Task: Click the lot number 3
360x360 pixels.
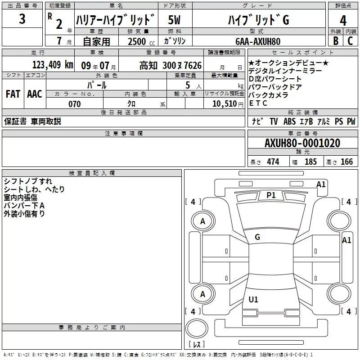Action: click(x=22, y=20)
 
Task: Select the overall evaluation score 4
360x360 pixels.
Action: click(x=343, y=20)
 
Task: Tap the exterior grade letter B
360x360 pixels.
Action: click(x=335, y=41)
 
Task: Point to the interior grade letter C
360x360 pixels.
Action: click(x=351, y=41)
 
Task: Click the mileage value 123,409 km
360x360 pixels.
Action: click(x=52, y=65)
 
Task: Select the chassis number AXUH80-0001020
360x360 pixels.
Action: click(x=302, y=143)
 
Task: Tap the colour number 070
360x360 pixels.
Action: click(x=75, y=104)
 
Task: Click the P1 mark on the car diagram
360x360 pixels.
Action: click(x=271, y=195)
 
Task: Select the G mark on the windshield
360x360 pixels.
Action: click(x=257, y=237)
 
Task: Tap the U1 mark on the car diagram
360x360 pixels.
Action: click(x=253, y=299)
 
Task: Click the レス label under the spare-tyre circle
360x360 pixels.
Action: click(x=197, y=345)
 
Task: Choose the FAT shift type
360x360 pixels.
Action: click(x=13, y=94)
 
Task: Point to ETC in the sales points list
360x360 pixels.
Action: click(x=258, y=103)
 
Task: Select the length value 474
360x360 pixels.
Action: click(x=273, y=162)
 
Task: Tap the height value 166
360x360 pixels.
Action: click(x=346, y=162)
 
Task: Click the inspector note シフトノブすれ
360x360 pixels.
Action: click(x=27, y=181)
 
